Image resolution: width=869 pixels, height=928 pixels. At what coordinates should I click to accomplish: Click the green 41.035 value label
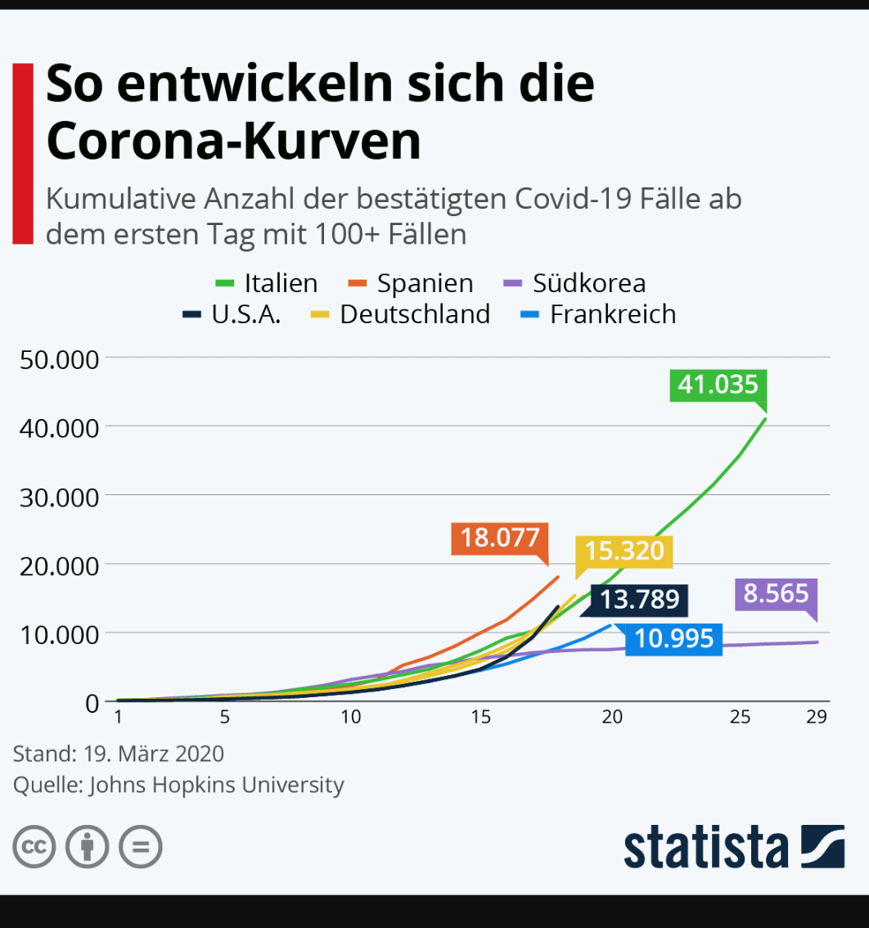pyautogui.click(x=718, y=384)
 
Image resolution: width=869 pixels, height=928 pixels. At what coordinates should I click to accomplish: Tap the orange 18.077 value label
pyautogui.click(x=499, y=538)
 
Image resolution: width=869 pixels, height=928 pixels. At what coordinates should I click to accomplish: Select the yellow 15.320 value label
pyautogui.click(x=624, y=551)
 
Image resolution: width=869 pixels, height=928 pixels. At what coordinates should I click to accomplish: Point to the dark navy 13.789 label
pyautogui.click(x=639, y=600)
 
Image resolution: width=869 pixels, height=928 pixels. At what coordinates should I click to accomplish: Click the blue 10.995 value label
pyautogui.click(x=673, y=638)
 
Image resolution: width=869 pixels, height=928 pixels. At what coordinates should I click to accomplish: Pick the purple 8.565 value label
pyautogui.click(x=776, y=593)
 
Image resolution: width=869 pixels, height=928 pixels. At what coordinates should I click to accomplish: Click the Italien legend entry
pyautogui.click(x=267, y=283)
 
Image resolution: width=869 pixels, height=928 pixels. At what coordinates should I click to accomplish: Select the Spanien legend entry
pyautogui.click(x=411, y=283)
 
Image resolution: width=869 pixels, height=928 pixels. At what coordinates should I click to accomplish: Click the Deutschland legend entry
pyautogui.click(x=401, y=314)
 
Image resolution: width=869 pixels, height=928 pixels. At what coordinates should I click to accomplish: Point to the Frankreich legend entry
pyautogui.click(x=598, y=314)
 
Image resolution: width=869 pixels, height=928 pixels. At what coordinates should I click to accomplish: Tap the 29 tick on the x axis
pyautogui.click(x=816, y=717)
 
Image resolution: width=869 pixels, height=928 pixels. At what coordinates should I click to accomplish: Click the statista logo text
pyautogui.click(x=706, y=847)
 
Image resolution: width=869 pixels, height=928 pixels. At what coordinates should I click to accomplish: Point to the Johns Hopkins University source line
pyautogui.click(x=178, y=785)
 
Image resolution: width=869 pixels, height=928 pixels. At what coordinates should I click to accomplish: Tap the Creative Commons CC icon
pyautogui.click(x=34, y=847)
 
